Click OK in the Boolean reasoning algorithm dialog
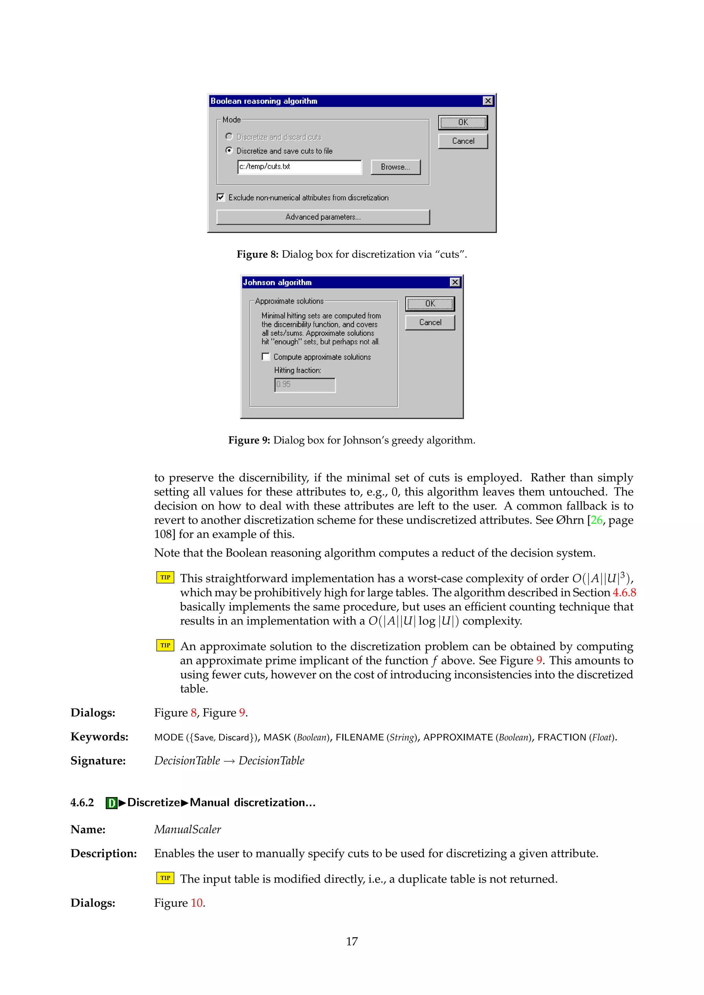tap(463, 122)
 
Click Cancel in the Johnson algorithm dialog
tap(430, 322)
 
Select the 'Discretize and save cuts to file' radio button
tap(229, 150)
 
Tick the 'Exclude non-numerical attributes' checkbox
tap(221, 197)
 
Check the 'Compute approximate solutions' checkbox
tap(266, 357)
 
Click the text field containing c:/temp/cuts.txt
tap(299, 167)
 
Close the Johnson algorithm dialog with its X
tap(454, 282)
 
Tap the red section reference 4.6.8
tap(624, 592)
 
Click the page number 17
tap(352, 941)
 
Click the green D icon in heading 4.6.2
tap(111, 803)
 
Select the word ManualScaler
tap(187, 829)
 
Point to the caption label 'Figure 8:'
tap(257, 254)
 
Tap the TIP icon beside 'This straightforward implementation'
tap(165, 578)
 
